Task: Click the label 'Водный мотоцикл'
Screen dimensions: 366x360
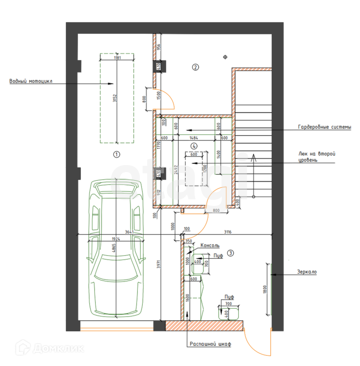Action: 31,81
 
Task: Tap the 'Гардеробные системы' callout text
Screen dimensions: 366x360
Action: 325,128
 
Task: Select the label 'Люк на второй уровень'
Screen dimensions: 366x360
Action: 317,157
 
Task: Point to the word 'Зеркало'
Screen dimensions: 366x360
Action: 307,272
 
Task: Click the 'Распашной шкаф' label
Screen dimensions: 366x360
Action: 210,344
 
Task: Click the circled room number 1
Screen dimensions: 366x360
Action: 117,155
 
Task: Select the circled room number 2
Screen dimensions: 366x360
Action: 196,67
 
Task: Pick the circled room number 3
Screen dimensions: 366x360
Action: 231,253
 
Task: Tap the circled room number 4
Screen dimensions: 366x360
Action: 194,146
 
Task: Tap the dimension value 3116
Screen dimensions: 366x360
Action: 228,232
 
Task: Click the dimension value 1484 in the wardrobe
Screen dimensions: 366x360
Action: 194,138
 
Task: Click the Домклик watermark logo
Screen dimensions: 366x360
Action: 51,348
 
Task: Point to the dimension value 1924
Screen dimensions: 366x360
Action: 116,238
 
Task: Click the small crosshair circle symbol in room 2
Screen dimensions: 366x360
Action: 225,57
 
